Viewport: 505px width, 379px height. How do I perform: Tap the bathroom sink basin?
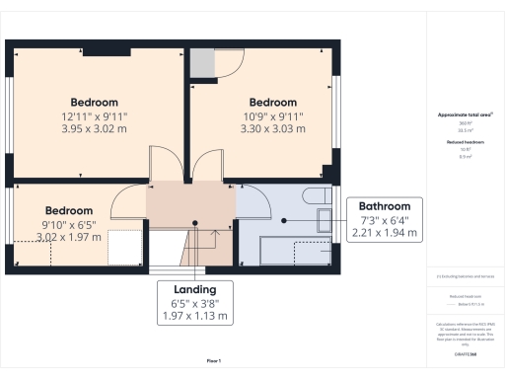point(322,222)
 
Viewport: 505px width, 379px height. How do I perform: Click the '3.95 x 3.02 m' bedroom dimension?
point(95,128)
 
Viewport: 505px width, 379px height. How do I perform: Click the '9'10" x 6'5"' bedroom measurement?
point(69,224)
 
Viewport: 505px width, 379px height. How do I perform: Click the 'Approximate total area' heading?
point(464,115)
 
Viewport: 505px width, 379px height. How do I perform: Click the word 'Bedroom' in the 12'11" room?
point(95,102)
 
